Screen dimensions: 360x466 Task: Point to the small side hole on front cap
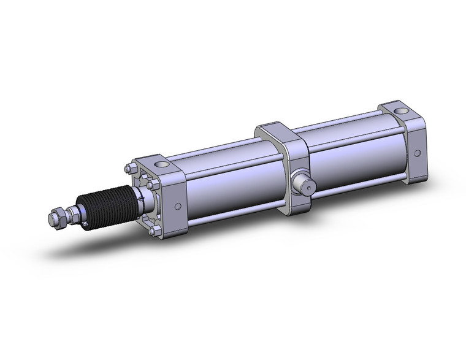(x=180, y=207)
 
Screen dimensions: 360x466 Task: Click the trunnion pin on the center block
(x=302, y=183)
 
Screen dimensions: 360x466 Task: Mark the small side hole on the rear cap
(x=418, y=154)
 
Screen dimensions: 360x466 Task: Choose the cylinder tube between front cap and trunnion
(x=227, y=184)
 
